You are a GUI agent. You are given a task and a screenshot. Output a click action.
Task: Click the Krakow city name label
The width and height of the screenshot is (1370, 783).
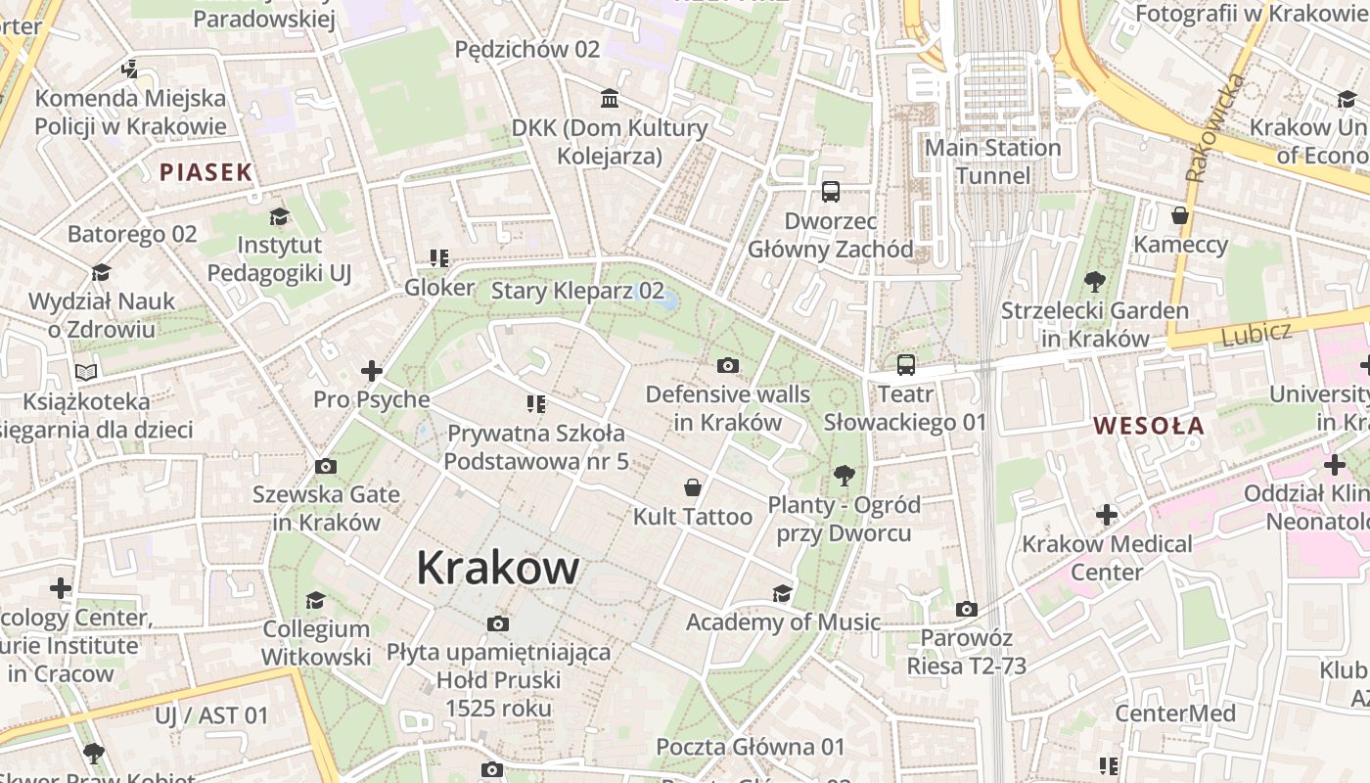point(498,568)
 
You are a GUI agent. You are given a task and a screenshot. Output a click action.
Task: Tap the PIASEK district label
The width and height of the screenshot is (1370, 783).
point(206,172)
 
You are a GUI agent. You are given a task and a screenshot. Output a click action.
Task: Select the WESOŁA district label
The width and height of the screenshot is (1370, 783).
point(1149,425)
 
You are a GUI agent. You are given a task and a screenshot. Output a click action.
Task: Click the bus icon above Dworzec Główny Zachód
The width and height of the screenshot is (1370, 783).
point(831,191)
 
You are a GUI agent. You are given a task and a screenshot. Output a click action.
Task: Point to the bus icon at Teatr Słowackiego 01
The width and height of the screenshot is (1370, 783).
point(906,365)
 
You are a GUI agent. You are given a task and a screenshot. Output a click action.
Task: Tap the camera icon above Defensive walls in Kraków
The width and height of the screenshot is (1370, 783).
point(727,365)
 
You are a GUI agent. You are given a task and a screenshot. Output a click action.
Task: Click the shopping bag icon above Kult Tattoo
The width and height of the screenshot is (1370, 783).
point(693,487)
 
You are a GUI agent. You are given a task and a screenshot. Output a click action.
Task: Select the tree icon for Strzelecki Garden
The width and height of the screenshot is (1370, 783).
point(1095,282)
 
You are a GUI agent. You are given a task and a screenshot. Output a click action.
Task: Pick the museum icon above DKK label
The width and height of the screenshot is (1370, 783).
point(610,98)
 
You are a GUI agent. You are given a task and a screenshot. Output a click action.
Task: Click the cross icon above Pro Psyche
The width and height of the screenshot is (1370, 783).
point(371,370)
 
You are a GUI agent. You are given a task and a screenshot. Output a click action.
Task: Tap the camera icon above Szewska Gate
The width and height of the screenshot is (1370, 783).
point(326,466)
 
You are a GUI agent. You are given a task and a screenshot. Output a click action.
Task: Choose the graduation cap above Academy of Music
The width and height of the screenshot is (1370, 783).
point(782,593)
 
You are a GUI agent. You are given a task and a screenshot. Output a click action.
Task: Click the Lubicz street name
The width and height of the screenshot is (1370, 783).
point(1256,333)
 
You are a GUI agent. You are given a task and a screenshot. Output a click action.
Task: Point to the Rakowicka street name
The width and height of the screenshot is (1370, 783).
point(1212,127)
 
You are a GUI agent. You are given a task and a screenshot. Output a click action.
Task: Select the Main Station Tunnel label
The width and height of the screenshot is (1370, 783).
point(992,161)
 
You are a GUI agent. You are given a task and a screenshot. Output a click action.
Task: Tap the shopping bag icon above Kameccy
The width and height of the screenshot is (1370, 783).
point(1180,215)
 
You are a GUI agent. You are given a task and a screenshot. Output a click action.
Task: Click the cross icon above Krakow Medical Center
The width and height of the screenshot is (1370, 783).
point(1107,515)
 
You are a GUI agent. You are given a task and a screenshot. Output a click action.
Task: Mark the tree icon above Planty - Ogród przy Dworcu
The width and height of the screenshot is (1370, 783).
point(844,477)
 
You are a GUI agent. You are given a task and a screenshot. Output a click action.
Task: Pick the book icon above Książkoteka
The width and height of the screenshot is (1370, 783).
point(86,372)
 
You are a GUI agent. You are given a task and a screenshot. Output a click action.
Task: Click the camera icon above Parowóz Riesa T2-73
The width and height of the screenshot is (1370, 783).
point(966,609)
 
